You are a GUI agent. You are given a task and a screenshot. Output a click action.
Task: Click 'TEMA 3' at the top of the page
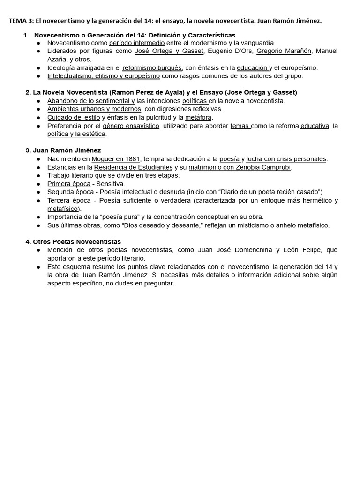20,21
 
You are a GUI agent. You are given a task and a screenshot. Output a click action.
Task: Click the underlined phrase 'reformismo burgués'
152,67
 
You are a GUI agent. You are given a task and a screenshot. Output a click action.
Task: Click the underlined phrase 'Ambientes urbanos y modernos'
94,109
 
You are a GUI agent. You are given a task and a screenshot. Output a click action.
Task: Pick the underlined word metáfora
199,117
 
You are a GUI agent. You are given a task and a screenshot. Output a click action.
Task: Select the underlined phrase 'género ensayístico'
131,126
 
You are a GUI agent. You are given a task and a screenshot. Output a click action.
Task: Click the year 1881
130,159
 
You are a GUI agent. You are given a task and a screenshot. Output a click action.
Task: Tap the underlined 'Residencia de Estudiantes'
133,167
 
